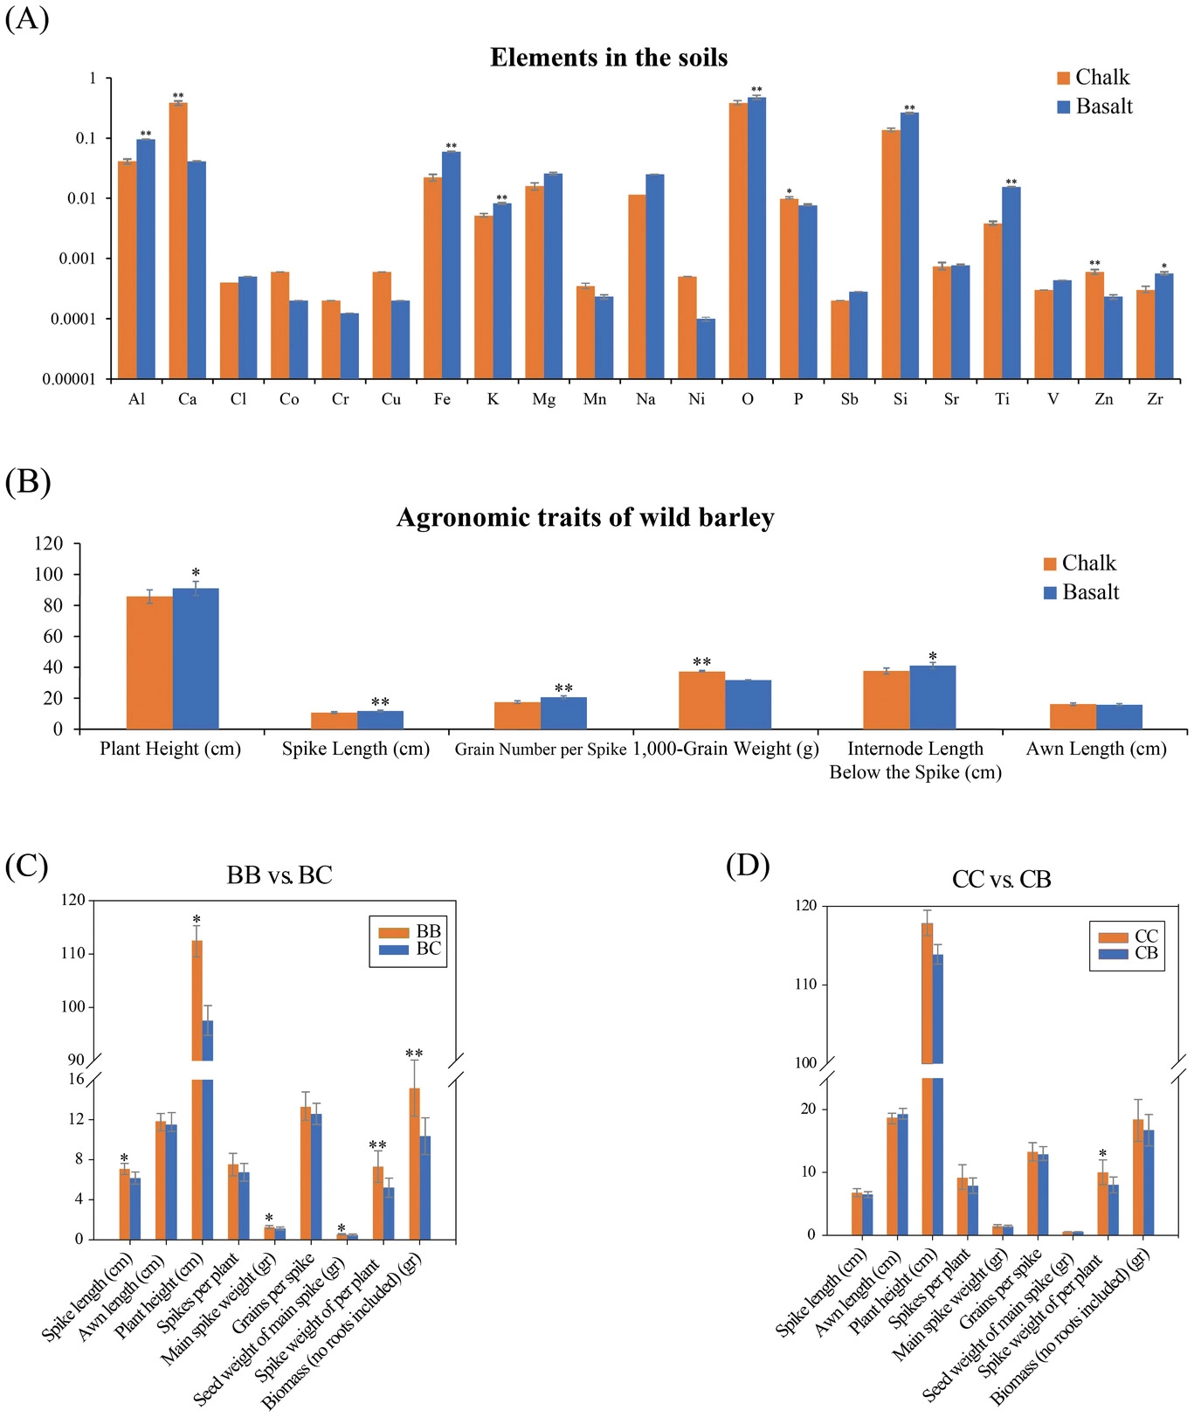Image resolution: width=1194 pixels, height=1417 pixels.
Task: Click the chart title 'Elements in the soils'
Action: (x=609, y=58)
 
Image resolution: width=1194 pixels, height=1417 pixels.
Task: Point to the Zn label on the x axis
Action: (x=1104, y=399)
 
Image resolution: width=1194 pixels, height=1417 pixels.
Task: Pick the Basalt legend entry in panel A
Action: (x=1094, y=107)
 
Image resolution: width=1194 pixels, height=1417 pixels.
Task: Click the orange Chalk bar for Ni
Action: (x=687, y=327)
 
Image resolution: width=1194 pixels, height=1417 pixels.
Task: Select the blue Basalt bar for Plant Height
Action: (x=196, y=659)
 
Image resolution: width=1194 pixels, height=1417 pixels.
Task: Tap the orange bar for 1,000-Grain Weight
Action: (x=701, y=700)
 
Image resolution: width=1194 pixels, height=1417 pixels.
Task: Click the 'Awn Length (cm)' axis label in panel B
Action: (x=1096, y=749)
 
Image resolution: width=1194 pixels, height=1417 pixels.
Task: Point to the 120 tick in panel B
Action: (x=49, y=543)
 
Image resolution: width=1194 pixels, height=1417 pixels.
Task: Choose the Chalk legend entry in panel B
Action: (x=1080, y=563)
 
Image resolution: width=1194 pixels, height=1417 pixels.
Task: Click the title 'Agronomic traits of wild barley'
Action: (x=585, y=518)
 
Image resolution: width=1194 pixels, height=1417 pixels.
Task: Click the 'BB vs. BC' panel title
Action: (x=280, y=875)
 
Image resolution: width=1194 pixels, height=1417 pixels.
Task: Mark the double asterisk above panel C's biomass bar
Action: (x=414, y=1054)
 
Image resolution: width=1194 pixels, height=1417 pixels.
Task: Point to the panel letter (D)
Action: (x=748, y=866)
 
